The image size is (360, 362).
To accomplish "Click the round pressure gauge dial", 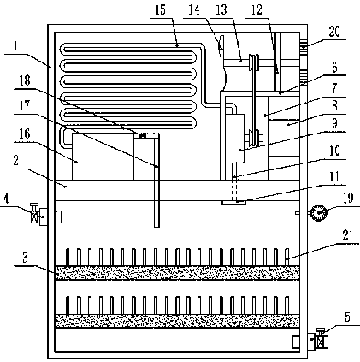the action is (318, 212).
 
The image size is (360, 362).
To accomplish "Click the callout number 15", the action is (160, 9).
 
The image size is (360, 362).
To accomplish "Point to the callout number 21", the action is (347, 235).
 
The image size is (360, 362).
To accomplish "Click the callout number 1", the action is (16, 45).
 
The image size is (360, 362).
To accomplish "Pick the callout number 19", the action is (348, 198).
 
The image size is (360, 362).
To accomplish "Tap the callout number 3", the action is (25, 258).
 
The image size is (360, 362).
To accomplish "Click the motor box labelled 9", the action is (235, 139).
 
